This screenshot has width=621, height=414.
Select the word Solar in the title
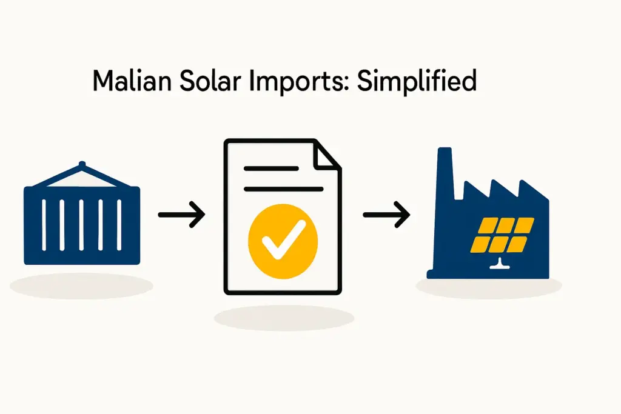(x=202, y=81)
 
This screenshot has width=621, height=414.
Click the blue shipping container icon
(x=82, y=224)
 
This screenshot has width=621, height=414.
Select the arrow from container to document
(x=181, y=215)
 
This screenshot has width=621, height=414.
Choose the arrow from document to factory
(x=386, y=215)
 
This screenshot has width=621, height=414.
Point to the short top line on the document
(x=271, y=169)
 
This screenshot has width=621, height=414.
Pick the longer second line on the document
(x=283, y=189)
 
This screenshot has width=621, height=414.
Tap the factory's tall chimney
(x=446, y=176)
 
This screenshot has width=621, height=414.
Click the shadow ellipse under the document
(x=284, y=318)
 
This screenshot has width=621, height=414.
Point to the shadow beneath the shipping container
(x=82, y=285)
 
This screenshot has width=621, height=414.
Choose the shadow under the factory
(x=488, y=289)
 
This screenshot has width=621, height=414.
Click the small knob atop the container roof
(x=82, y=164)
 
